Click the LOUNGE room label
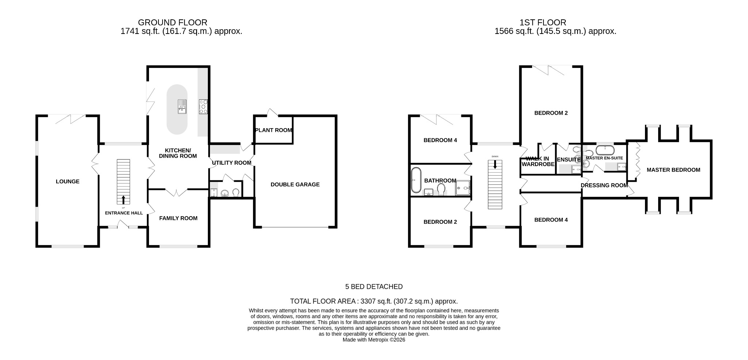click(x=68, y=181)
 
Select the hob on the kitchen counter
click(x=203, y=107)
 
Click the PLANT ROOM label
click(x=274, y=130)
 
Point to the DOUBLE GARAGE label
click(x=295, y=185)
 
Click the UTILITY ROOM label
click(x=232, y=163)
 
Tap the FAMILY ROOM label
click(x=178, y=218)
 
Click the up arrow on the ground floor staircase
click(x=123, y=200)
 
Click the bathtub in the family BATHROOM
click(x=416, y=180)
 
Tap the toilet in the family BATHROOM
click(x=441, y=189)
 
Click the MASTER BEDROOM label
click(x=673, y=170)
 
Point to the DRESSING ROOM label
click(x=604, y=185)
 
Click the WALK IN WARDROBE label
click(x=538, y=161)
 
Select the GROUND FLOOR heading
click(x=172, y=23)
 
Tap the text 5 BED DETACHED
click(x=374, y=287)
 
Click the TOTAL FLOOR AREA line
click(x=374, y=302)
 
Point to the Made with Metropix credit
click(x=374, y=340)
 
